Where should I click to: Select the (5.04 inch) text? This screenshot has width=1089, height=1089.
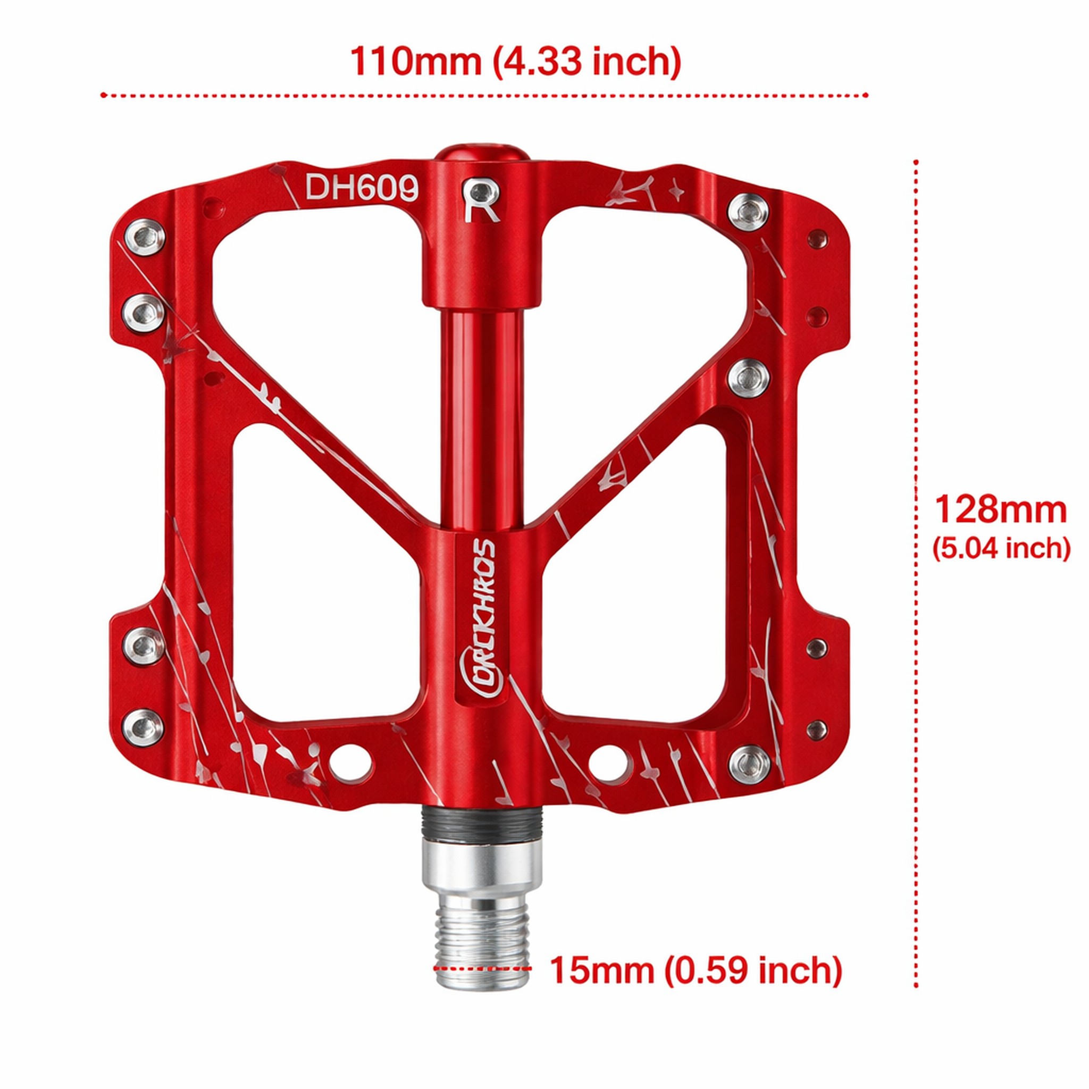click(x=1001, y=548)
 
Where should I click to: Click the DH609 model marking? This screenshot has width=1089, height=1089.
click(x=362, y=187)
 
